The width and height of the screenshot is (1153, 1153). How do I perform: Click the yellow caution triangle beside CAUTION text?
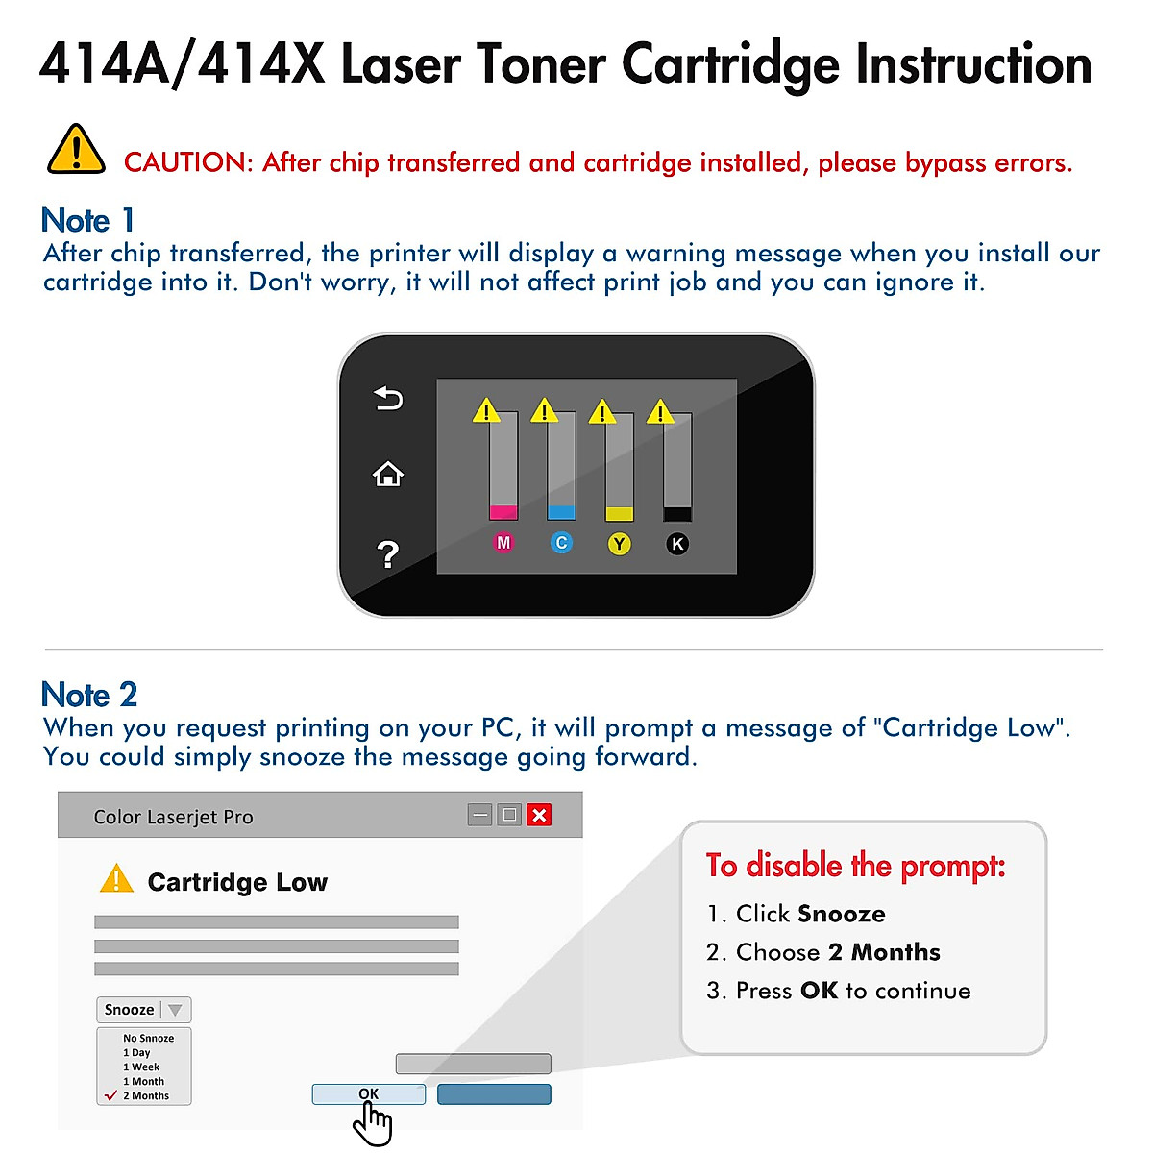click(76, 151)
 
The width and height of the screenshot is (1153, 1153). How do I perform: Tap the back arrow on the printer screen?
click(388, 398)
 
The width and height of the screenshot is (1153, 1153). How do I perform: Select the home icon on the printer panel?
click(388, 474)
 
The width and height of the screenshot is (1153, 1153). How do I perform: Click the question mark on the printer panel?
click(387, 554)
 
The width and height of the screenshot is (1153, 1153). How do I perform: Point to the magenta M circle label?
click(503, 543)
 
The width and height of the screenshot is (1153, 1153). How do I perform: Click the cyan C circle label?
click(561, 543)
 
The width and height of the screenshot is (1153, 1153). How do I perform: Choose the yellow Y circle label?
click(620, 544)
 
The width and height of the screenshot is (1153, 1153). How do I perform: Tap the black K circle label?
click(677, 544)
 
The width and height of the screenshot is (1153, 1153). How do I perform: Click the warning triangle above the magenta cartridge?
click(486, 411)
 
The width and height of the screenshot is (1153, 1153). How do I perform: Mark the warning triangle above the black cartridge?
click(660, 412)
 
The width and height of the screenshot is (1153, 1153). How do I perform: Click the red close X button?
click(539, 815)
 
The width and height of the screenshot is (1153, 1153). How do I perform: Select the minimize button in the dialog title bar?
click(480, 815)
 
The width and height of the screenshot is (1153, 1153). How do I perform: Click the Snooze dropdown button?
click(144, 1010)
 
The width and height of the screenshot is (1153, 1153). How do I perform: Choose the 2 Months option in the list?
click(145, 1095)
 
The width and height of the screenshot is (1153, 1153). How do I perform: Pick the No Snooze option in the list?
click(148, 1038)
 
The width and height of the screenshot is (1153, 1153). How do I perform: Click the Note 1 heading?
click(87, 220)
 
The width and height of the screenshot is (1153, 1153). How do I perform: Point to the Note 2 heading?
click(89, 695)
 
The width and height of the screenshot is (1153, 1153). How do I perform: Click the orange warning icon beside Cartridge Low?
click(116, 879)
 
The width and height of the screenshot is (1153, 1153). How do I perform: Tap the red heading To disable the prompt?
click(855, 866)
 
